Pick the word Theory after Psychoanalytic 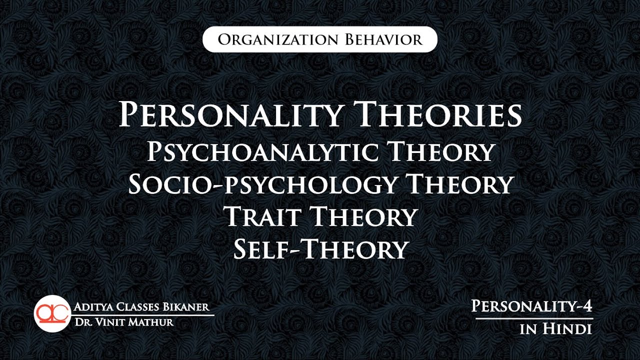coord(441,152)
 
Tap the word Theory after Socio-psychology coord(459,184)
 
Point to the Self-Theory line coord(320,249)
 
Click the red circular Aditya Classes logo coord(51,314)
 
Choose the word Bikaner coord(188,307)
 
